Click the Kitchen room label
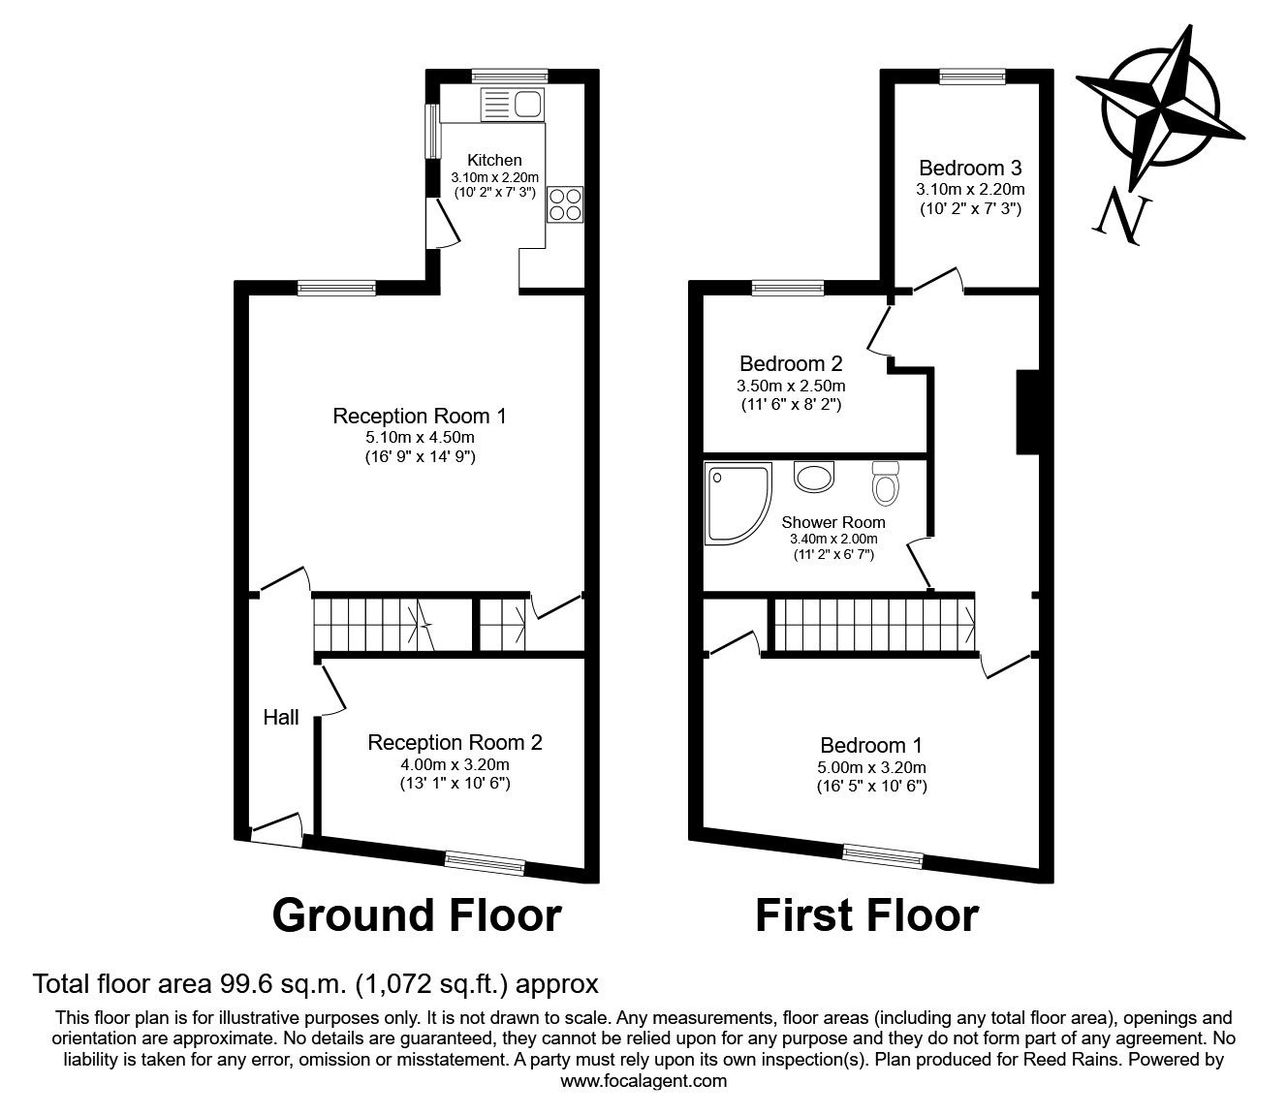494,160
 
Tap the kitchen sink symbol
511,104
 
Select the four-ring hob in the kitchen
565,203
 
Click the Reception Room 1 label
420,417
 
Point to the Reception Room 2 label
455,743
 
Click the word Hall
281,718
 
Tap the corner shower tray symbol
738,503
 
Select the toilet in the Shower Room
884,483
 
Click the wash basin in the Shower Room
814,477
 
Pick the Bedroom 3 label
970,169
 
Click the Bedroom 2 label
791,364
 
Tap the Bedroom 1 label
871,746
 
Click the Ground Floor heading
417,914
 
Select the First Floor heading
866,914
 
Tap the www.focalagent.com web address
643,1081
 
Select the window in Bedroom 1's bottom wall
883,855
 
